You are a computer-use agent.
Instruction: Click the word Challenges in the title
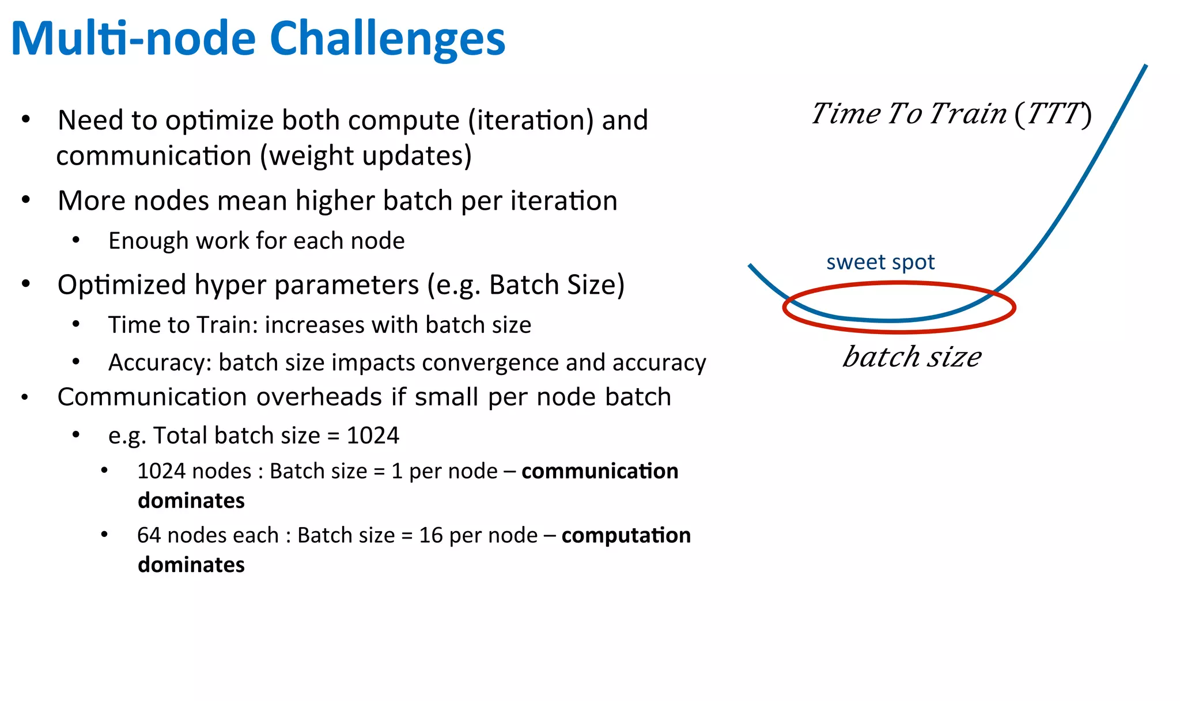tap(387, 39)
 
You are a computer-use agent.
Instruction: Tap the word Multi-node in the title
tap(133, 39)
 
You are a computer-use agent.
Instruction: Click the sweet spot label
tap(880, 263)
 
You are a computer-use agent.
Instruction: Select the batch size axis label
tap(912, 357)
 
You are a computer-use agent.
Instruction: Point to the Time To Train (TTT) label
tap(951, 113)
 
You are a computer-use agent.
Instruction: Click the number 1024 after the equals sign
tap(373, 435)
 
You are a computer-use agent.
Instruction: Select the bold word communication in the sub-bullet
tap(600, 471)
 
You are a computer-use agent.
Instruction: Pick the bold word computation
tap(626, 536)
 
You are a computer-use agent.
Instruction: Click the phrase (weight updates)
tap(366, 156)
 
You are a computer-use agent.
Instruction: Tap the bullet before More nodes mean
tap(25, 200)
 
